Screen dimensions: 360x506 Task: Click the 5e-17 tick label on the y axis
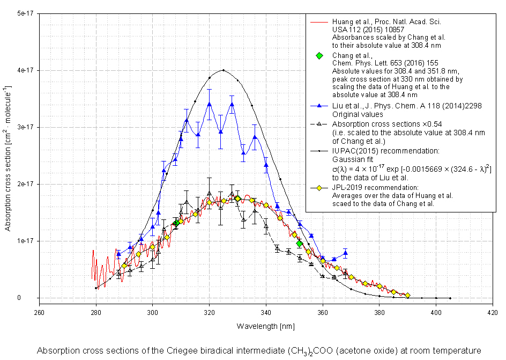click(24, 13)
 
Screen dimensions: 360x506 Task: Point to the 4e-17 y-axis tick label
click(24, 70)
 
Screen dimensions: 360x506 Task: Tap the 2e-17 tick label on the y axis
click(24, 184)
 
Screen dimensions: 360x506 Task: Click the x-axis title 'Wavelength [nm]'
click(265, 326)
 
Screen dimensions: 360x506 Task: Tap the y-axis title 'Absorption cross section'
click(8, 156)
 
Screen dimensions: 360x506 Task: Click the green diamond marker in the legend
click(319, 56)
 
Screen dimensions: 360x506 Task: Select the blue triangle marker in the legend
click(319, 106)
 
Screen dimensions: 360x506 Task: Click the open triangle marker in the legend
click(319, 123)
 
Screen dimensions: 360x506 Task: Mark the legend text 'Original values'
click(357, 114)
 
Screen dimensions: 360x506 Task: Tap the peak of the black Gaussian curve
click(224, 70)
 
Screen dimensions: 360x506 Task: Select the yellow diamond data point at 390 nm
click(407, 295)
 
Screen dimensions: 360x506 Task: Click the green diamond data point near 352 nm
click(300, 244)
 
